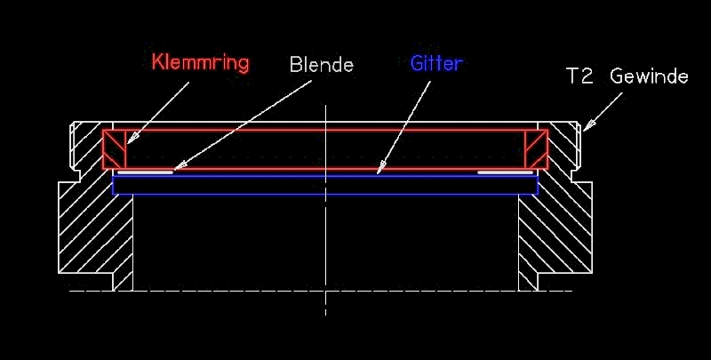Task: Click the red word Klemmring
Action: pos(200,63)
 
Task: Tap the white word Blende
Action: pos(322,65)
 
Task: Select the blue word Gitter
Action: pos(436,64)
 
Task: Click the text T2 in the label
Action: pos(580,76)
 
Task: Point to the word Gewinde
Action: pos(649,76)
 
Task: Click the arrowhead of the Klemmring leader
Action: pos(128,140)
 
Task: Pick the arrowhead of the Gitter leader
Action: pos(379,168)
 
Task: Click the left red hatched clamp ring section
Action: pos(115,148)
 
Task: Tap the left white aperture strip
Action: pos(148,172)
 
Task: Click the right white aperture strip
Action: pos(504,172)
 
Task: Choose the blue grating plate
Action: pos(325,185)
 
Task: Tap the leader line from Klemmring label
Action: pos(160,110)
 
